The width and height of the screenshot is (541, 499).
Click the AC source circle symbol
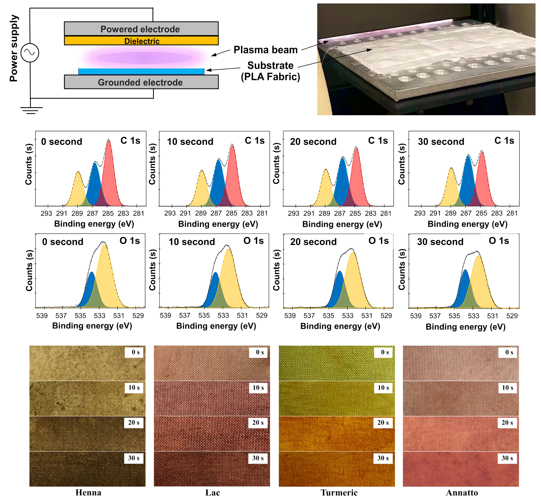coord(30,53)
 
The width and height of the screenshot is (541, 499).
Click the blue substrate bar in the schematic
coord(141,71)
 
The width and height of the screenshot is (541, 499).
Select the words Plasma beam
coord(265,50)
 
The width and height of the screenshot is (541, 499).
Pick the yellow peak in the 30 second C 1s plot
coord(451,186)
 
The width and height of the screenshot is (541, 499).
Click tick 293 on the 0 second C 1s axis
coord(46,213)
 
